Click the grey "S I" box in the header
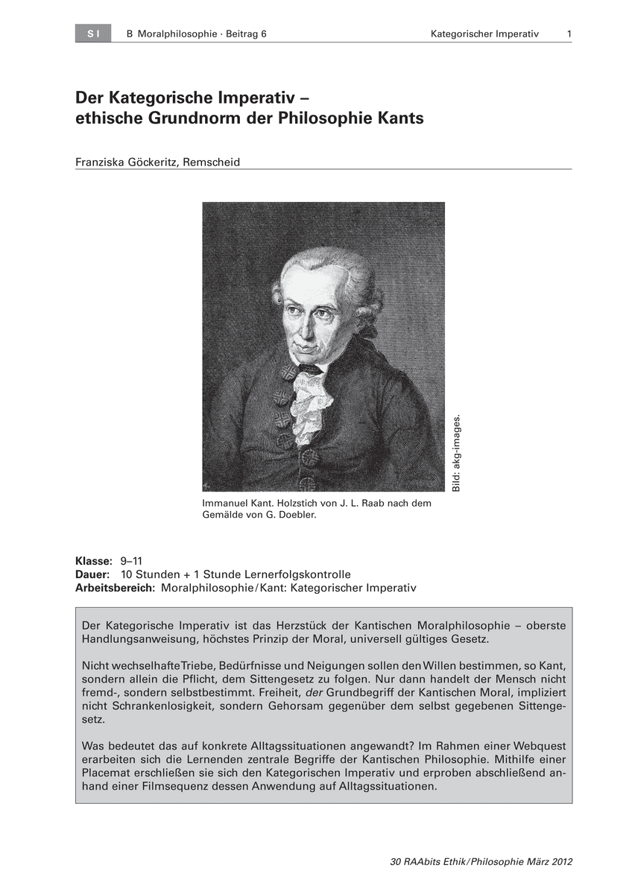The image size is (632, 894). click(92, 34)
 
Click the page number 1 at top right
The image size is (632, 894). click(569, 34)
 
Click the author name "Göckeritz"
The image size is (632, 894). click(159, 162)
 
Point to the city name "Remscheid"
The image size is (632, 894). click(214, 162)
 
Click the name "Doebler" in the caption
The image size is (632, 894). click(288, 514)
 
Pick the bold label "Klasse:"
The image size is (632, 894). click(94, 561)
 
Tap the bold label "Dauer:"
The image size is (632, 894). click(93, 574)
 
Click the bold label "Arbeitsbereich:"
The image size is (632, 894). click(116, 588)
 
